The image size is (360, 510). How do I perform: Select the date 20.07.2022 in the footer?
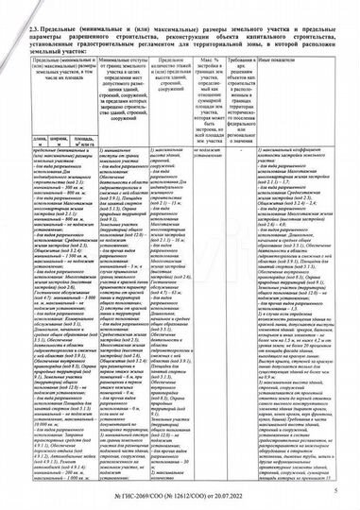click(x=237, y=494)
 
